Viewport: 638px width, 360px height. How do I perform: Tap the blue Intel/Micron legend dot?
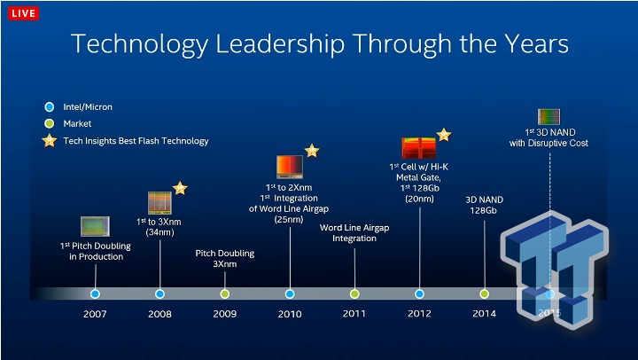(x=50, y=107)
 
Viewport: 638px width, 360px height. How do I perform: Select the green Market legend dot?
(x=50, y=124)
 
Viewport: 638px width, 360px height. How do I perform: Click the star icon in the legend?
(x=50, y=141)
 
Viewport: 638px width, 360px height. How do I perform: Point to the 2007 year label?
(x=95, y=313)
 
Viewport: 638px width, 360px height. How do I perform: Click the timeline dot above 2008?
(x=159, y=293)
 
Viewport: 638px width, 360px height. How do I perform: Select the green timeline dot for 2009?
(x=224, y=293)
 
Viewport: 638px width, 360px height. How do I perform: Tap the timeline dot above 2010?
(x=290, y=293)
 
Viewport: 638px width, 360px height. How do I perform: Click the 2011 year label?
(x=354, y=313)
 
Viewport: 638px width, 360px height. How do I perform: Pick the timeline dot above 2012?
(x=419, y=293)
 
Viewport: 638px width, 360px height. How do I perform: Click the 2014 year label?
(x=484, y=313)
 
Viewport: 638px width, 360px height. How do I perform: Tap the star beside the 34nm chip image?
(x=180, y=188)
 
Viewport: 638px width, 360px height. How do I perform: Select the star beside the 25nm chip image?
(x=312, y=151)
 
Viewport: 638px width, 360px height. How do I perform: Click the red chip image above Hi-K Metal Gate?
(x=417, y=147)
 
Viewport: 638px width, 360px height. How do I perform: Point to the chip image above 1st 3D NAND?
(x=549, y=116)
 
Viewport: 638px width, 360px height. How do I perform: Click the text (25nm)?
(x=289, y=218)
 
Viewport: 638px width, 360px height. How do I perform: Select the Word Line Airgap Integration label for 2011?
(x=354, y=233)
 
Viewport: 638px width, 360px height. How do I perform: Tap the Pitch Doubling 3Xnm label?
(x=224, y=258)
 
